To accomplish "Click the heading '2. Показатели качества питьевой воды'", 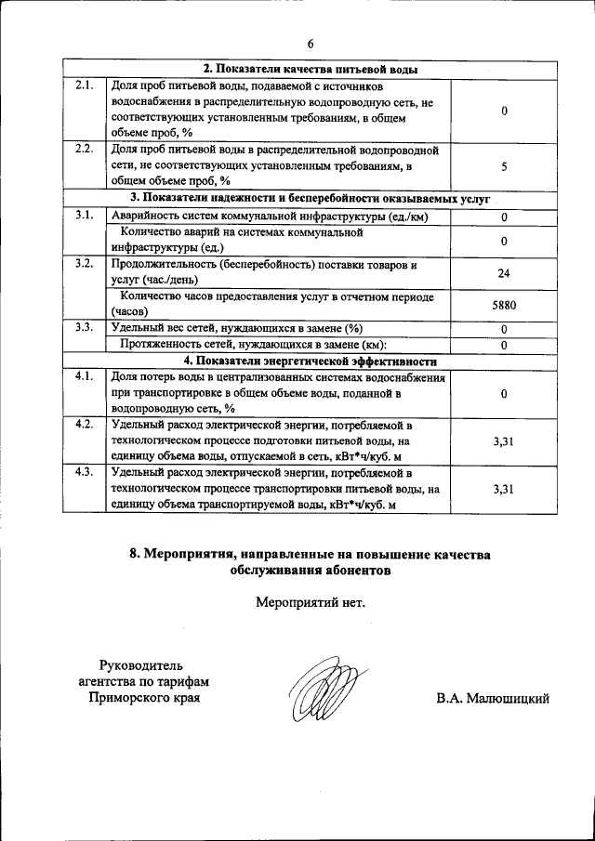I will click(311, 70).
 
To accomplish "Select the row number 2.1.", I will click(83, 85).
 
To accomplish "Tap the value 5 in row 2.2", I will click(503, 167).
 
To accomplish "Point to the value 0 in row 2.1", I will click(503, 112).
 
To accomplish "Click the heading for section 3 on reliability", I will click(311, 198).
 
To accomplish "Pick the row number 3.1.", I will click(83, 216).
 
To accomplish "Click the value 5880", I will click(503, 304).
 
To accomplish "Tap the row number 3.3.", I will click(83, 328).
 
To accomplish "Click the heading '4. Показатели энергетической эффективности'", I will click(311, 361).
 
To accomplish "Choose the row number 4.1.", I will click(83, 376).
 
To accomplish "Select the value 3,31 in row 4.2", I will click(503, 441).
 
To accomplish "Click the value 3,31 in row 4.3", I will click(503, 489).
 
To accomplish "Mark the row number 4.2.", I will click(83, 425).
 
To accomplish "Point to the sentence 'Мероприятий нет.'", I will click(311, 601).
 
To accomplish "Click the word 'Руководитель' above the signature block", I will click(143, 664).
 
